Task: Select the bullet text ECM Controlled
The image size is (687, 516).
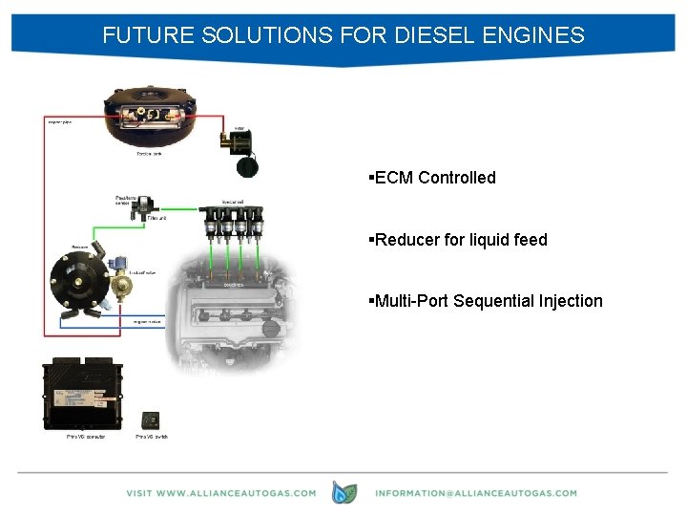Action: point(435,178)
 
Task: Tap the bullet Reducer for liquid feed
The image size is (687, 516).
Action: point(461,240)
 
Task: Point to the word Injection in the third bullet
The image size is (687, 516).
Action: point(569,301)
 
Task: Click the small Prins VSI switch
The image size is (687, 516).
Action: point(151,419)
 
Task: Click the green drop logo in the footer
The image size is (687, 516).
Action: point(343,492)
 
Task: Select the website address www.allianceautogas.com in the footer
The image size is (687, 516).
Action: point(220,493)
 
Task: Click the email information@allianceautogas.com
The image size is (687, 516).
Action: point(476,493)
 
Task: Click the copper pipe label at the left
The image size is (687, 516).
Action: point(59,121)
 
